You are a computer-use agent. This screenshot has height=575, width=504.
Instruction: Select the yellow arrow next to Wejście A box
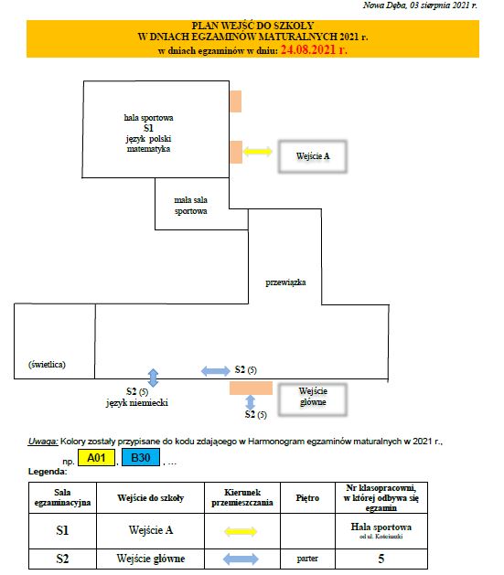[x=258, y=151]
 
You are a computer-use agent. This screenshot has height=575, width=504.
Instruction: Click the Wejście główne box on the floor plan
[x=313, y=399]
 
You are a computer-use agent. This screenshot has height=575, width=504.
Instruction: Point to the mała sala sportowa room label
[x=191, y=206]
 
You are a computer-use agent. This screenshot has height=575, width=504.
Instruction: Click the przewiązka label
[x=285, y=282]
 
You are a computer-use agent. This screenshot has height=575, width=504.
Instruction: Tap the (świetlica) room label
[x=47, y=365]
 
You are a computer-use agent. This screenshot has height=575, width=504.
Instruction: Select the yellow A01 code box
[x=96, y=458]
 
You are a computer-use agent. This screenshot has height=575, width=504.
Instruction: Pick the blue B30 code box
[x=141, y=457]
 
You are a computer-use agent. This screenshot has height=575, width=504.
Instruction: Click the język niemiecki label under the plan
[x=137, y=402]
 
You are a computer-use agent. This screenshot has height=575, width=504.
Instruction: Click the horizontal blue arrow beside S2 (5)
[x=216, y=371]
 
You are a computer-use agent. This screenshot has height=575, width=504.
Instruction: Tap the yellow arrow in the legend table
[x=241, y=531]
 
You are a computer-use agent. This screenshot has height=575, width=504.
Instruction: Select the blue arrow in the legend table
[x=241, y=559]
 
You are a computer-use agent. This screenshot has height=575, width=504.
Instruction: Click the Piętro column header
[x=307, y=498]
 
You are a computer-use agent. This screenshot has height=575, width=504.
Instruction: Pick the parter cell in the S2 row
[x=307, y=559]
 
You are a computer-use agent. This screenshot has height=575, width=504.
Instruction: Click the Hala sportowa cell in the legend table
[x=381, y=530]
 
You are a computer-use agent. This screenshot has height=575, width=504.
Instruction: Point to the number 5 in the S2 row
[x=381, y=559]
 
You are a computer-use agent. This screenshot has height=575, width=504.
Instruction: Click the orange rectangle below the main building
[x=251, y=388]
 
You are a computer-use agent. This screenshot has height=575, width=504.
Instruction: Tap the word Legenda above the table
[x=48, y=472]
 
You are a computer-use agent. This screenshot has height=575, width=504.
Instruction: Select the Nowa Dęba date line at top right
[x=420, y=5]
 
